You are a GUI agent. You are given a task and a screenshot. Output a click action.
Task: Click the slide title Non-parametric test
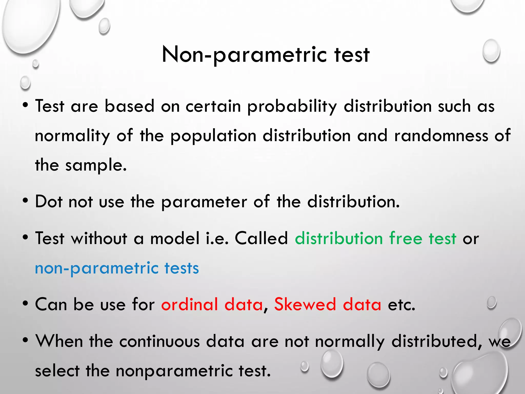tap(266, 54)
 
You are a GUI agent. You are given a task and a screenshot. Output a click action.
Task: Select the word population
tap(213, 136)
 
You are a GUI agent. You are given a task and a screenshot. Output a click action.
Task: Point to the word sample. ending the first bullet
tap(96, 165)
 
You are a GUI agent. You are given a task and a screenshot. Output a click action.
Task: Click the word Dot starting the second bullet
tap(49, 202)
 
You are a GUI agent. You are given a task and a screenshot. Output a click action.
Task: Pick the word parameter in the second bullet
tap(204, 202)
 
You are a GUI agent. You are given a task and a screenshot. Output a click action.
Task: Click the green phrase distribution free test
tap(376, 238)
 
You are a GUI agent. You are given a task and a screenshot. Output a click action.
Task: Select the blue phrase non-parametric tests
tap(117, 268)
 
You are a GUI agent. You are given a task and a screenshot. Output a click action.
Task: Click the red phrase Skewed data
tap(328, 304)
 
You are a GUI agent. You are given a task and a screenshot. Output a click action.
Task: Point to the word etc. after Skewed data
tap(401, 305)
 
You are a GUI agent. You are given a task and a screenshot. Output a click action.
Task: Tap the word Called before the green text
tap(261, 238)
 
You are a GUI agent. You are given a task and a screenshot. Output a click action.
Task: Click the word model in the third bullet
tap(175, 238)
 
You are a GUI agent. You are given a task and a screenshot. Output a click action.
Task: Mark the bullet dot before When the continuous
tap(25, 341)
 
